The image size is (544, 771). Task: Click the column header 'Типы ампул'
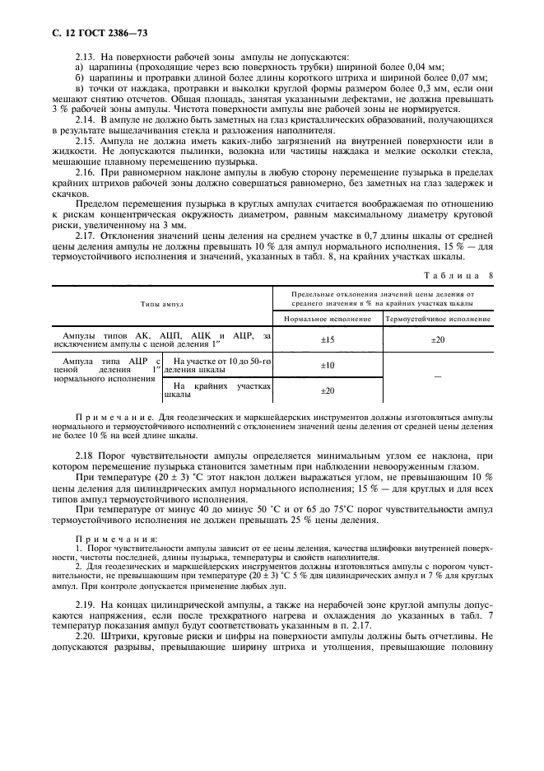(162, 304)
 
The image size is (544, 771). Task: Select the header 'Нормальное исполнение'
(328, 318)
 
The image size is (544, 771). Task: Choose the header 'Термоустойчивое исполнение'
(438, 318)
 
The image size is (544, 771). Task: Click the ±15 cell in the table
(328, 339)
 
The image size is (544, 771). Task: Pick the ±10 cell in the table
(328, 365)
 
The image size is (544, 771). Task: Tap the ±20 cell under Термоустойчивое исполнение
(438, 339)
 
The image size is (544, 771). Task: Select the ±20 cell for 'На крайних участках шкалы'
(328, 390)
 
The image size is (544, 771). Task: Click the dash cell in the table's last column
(438, 376)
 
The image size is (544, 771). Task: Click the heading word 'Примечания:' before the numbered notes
(104, 537)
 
